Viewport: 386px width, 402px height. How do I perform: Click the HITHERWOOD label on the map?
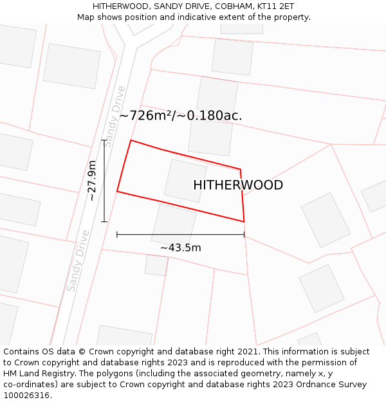click(x=238, y=185)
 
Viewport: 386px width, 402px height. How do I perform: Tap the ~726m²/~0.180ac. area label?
click(x=181, y=116)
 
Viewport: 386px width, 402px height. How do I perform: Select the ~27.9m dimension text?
click(x=93, y=181)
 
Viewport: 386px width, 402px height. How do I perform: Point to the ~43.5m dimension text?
click(x=181, y=248)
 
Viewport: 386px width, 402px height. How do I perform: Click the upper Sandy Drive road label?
click(x=116, y=117)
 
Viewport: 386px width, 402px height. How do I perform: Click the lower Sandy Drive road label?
click(x=78, y=260)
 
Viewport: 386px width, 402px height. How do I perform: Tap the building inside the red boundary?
click(x=185, y=181)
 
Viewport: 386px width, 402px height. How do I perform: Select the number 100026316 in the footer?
click(x=26, y=396)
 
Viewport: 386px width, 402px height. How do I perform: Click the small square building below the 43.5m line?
click(x=156, y=265)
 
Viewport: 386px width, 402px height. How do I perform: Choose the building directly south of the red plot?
click(x=174, y=224)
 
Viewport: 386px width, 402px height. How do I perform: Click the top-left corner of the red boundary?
click(x=131, y=140)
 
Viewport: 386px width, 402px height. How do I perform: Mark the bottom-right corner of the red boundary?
click(x=244, y=222)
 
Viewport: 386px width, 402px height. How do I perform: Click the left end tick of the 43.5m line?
click(x=117, y=235)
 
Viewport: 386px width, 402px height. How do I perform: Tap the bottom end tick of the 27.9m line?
click(x=104, y=222)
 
